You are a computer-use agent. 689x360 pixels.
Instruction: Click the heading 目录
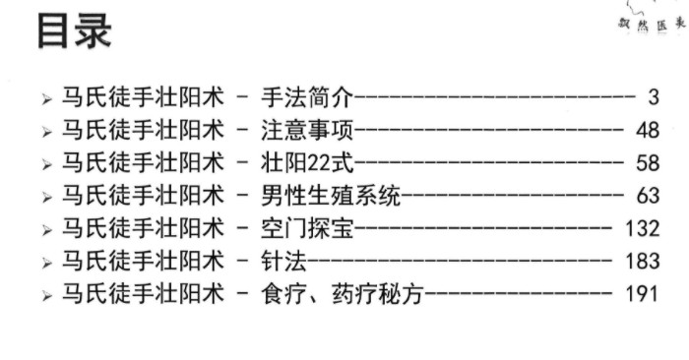[75, 30]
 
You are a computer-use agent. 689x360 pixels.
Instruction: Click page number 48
[647, 129]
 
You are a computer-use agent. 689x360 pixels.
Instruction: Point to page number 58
[647, 161]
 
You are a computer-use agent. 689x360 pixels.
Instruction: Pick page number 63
[647, 195]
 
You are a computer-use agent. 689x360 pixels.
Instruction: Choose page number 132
[641, 227]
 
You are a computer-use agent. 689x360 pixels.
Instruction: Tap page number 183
[641, 261]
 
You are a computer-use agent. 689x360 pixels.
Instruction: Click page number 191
[641, 293]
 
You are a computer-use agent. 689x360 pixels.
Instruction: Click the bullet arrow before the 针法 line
[46, 262]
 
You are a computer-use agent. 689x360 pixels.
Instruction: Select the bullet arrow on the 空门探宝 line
[46, 228]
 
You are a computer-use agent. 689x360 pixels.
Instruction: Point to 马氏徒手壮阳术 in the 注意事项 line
[137, 129]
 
